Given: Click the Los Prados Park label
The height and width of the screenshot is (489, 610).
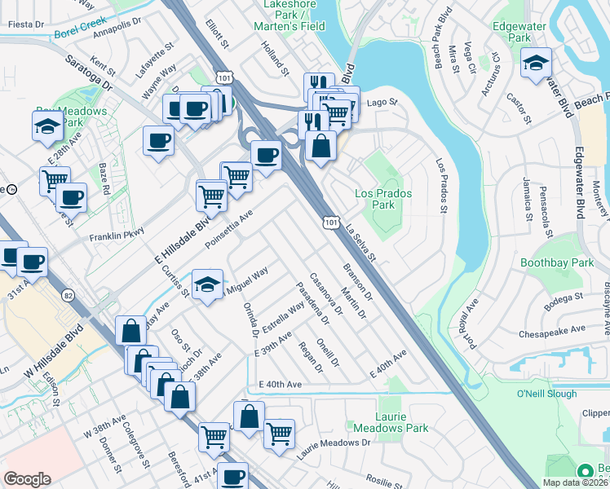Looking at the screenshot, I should coord(383,199).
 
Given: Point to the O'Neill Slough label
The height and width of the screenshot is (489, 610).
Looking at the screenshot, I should coord(547,394).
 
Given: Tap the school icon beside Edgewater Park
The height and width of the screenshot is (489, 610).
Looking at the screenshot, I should coord(536,63).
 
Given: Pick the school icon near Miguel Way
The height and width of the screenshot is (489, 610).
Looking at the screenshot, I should coord(207,285).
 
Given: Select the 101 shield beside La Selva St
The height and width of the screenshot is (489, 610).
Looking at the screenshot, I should coord(330,222).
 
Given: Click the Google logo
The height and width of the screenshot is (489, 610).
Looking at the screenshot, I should coord(27,479).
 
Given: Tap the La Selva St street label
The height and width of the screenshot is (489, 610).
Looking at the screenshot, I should coord(359,244).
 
